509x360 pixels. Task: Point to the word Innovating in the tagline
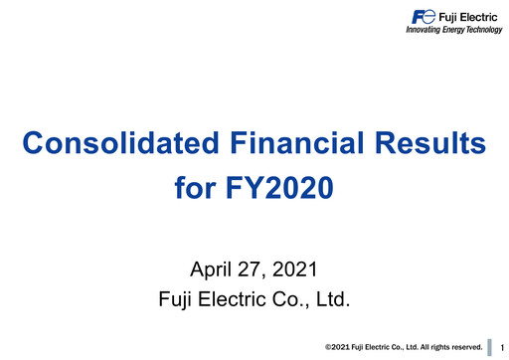click(x=424, y=30)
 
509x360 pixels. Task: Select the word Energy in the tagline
click(x=455, y=30)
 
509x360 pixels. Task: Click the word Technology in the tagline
click(x=486, y=30)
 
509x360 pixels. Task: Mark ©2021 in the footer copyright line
click(x=339, y=347)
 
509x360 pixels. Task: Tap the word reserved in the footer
click(x=464, y=347)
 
